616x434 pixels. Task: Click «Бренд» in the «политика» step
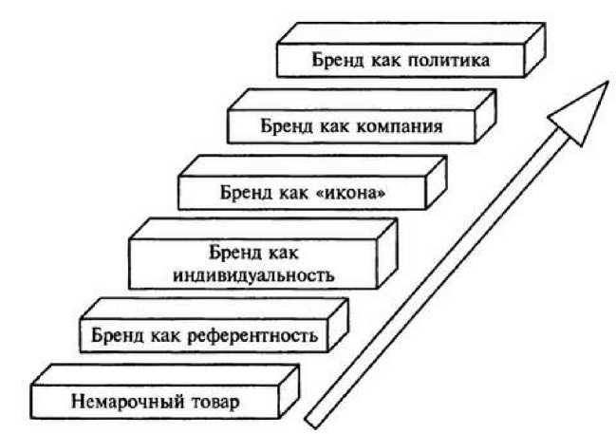point(337,63)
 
